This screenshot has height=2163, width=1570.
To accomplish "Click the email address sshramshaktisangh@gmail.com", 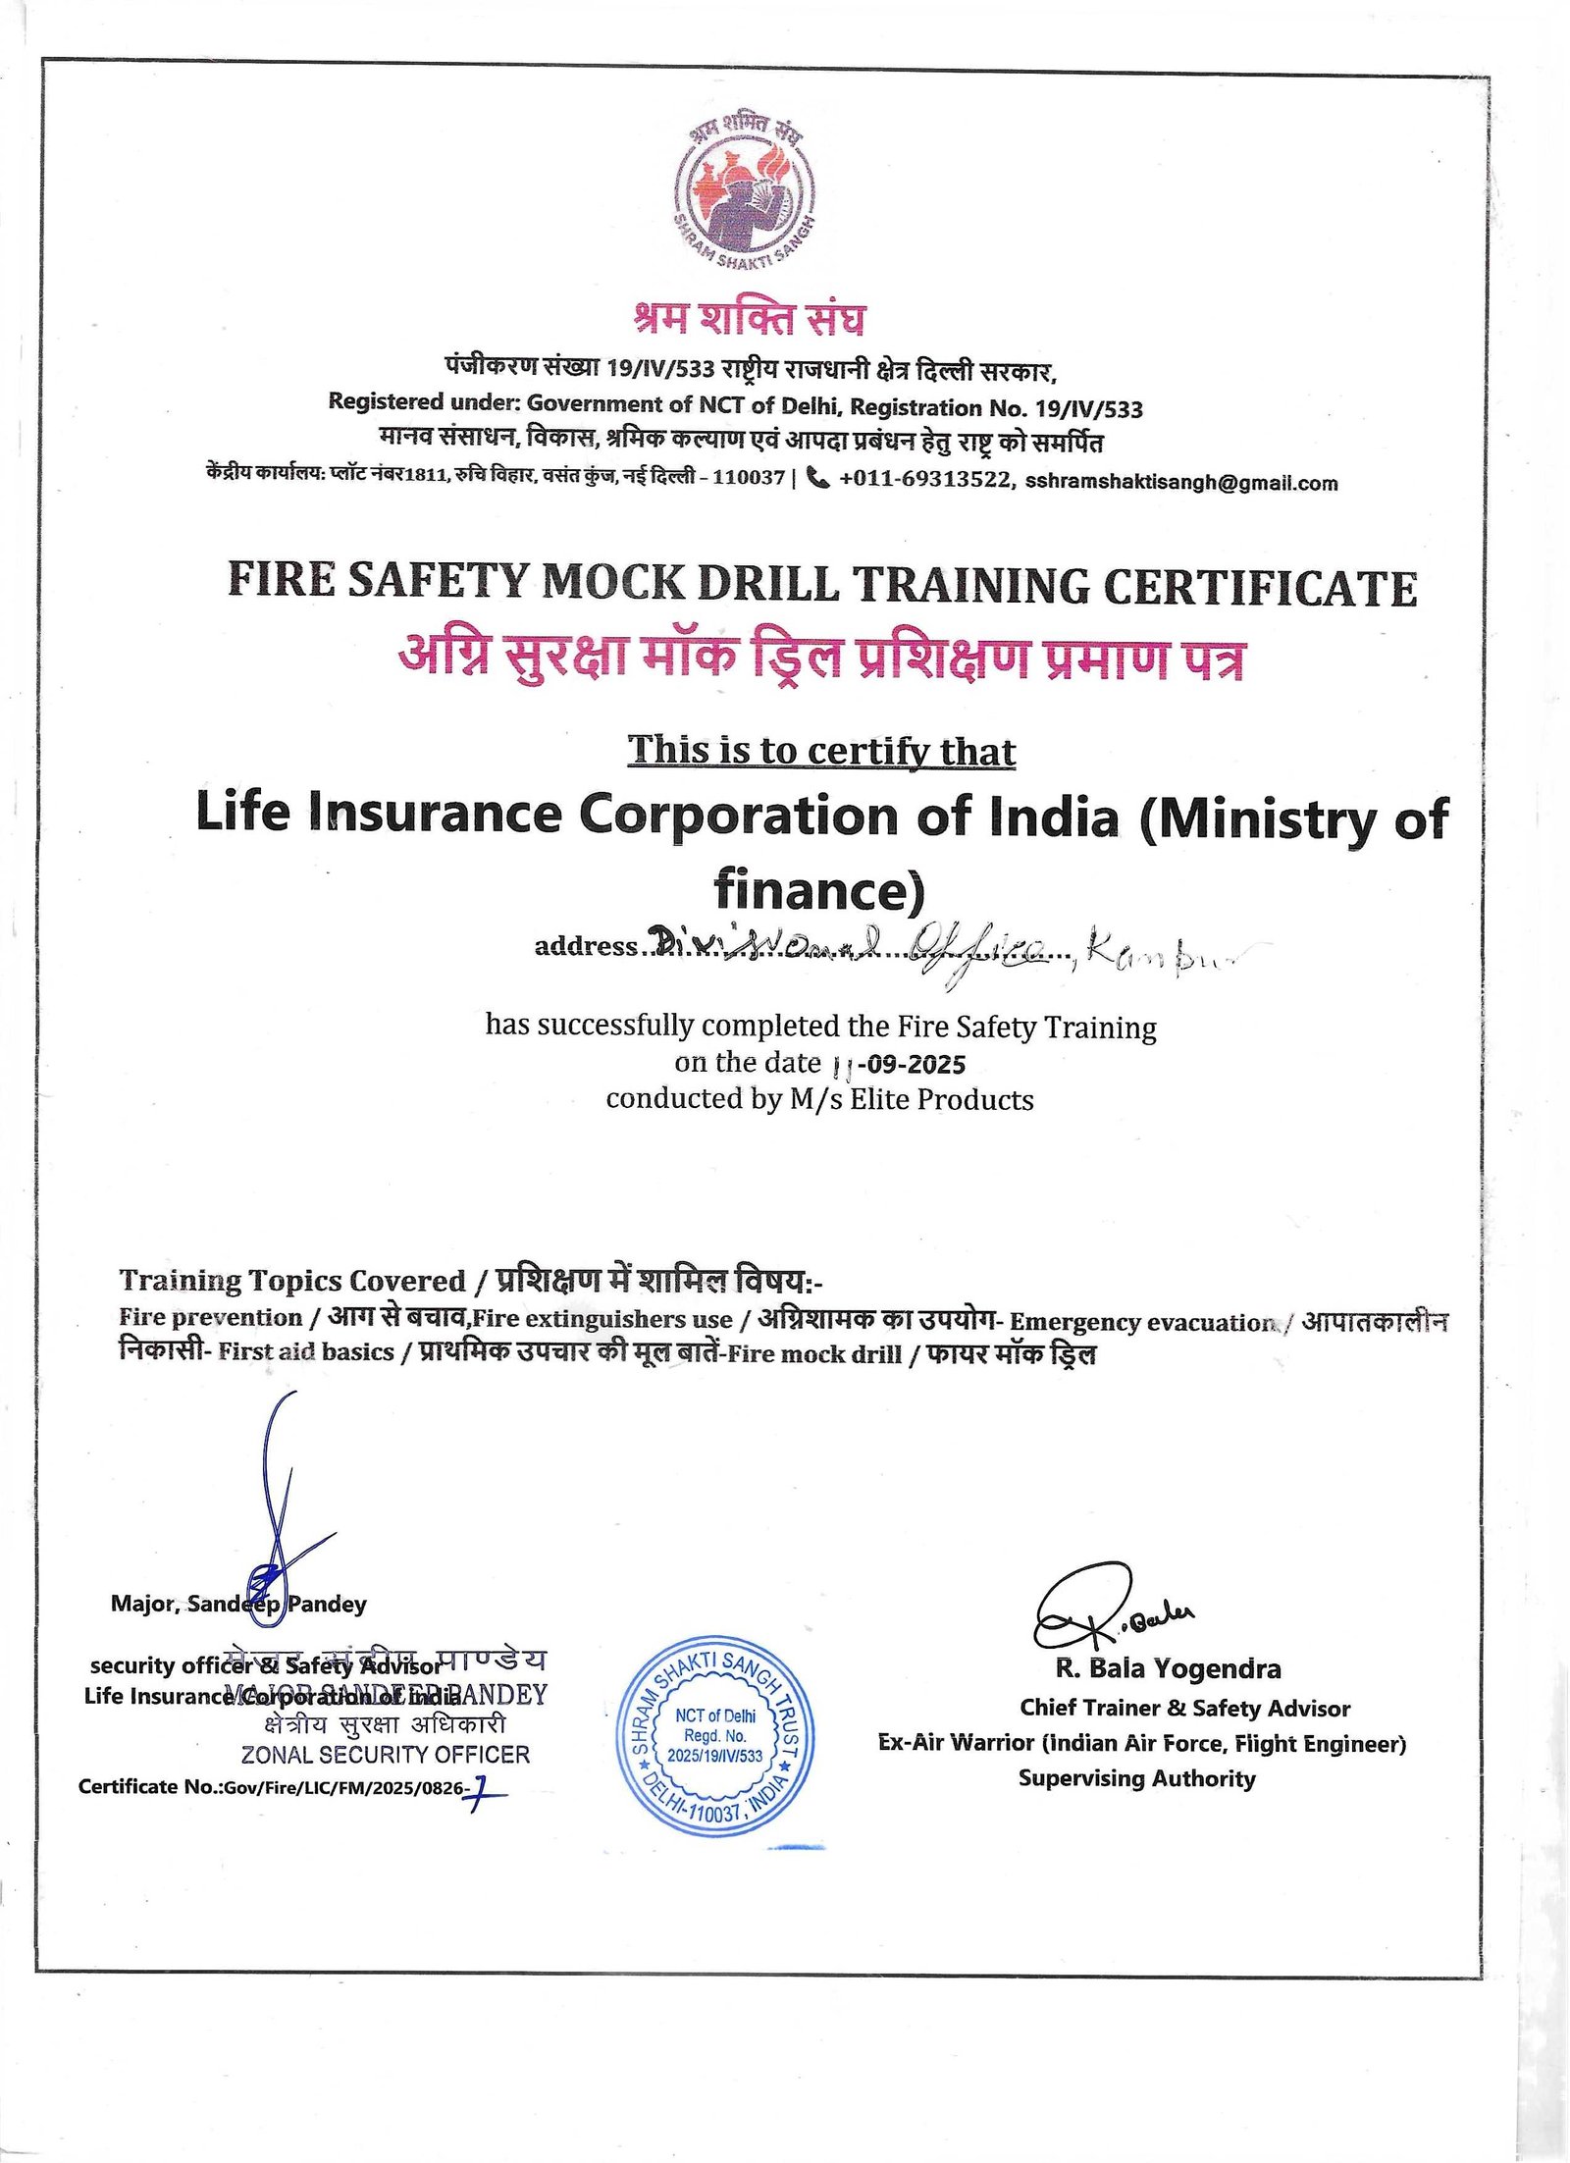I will (1180, 483).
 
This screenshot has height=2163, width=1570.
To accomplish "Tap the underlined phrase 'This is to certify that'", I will (821, 751).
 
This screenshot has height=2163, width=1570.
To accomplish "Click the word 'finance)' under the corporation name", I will (819, 890).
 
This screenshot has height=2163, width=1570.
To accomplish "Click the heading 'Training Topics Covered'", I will (292, 1281).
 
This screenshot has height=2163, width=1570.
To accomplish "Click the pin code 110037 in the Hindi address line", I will (748, 478).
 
